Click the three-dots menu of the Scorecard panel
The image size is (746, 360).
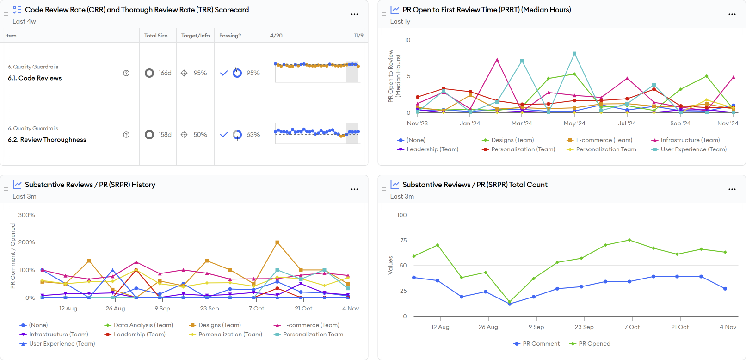click(354, 14)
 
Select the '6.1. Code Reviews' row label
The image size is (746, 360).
click(35, 78)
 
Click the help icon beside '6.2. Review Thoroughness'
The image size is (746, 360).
click(126, 135)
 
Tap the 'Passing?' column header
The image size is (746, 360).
click(230, 36)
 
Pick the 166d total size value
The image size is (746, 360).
click(165, 73)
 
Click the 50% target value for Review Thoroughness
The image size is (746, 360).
click(200, 135)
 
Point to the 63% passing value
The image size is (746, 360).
click(253, 135)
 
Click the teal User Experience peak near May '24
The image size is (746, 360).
click(574, 54)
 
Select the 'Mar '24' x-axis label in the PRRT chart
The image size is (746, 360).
click(522, 124)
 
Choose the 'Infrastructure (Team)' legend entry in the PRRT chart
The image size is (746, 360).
click(690, 140)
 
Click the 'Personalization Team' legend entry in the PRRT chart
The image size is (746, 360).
click(605, 149)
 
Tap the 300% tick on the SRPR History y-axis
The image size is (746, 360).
click(27, 215)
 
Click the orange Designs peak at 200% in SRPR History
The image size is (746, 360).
click(277, 242)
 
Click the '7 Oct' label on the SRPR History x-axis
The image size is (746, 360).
click(256, 309)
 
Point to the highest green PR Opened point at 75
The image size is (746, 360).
click(629, 240)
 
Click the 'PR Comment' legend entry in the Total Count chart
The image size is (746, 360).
click(541, 344)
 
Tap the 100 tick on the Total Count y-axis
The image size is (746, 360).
click(402, 215)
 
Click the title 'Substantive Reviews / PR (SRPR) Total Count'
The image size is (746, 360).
click(475, 185)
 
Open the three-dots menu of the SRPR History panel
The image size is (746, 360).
click(354, 189)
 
